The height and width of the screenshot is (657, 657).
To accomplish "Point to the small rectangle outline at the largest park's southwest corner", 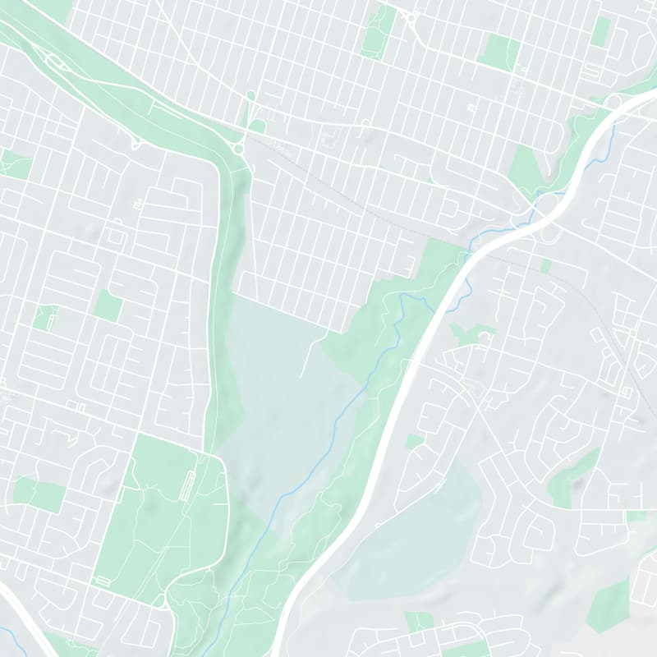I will click(103, 581).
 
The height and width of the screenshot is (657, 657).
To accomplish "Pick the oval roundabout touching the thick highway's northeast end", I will click(614, 101).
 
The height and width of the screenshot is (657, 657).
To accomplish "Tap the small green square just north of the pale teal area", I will click(414, 442).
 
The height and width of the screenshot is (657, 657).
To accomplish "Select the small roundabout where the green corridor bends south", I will click(237, 148).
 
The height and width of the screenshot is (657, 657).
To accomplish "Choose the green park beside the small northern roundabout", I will click(379, 31).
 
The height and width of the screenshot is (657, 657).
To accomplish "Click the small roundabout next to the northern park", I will click(410, 16).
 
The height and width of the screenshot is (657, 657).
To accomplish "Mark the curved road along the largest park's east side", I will click(225, 509).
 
